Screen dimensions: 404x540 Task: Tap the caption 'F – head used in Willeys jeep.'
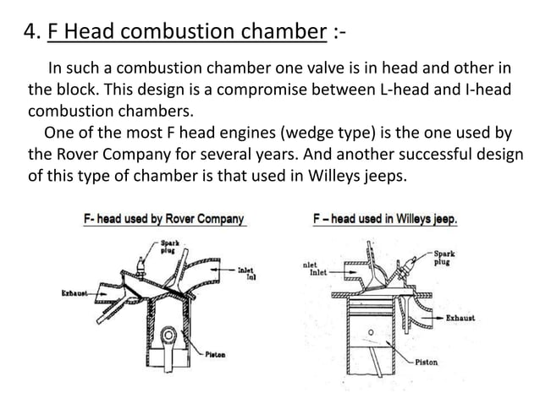point(385,219)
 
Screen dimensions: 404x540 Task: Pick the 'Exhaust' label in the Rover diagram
point(75,293)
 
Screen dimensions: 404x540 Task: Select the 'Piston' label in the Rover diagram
point(214,356)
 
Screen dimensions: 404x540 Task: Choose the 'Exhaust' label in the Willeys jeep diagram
point(460,319)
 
